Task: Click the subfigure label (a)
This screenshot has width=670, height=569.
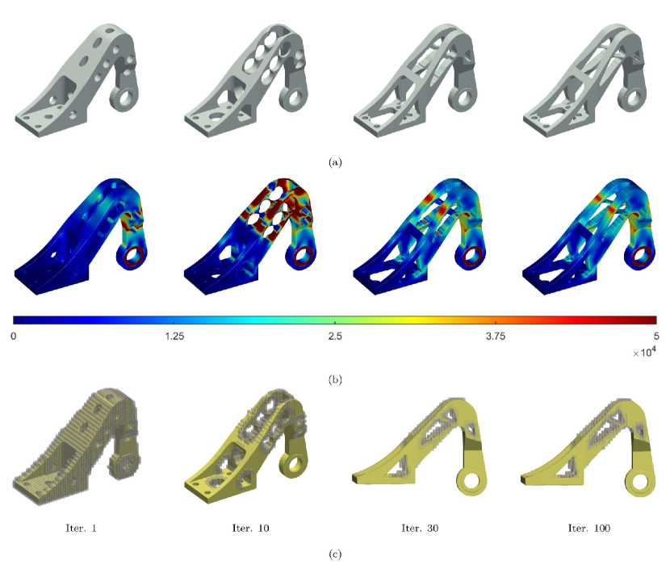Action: (x=335, y=162)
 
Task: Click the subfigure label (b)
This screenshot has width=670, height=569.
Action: (x=335, y=380)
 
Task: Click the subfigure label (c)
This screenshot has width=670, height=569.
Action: (x=335, y=554)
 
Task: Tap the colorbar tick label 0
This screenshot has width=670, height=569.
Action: (x=14, y=337)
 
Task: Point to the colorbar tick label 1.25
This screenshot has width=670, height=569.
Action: (x=174, y=337)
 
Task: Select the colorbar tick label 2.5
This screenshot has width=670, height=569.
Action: (x=335, y=337)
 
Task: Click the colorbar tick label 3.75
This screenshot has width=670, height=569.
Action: (x=496, y=337)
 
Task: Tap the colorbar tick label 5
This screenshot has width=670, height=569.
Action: (x=656, y=337)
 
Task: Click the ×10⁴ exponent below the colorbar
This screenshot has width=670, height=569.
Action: (x=645, y=352)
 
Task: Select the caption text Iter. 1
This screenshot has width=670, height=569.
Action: (x=82, y=529)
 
